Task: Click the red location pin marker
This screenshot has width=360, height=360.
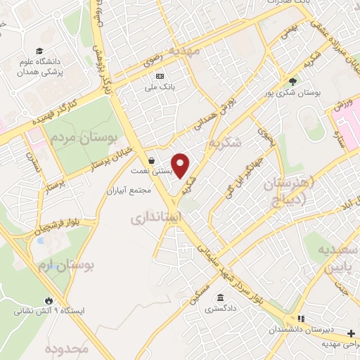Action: (181, 165)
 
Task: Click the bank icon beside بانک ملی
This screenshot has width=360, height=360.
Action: (160, 76)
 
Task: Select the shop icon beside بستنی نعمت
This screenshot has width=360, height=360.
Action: (153, 159)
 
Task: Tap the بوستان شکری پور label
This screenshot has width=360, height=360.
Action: (296, 92)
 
